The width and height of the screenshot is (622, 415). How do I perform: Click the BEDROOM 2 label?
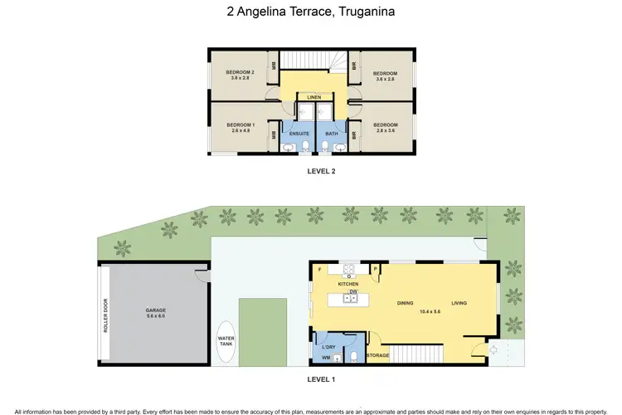(240, 72)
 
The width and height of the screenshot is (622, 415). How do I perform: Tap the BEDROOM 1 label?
(240, 125)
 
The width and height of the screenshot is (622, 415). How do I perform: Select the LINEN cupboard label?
(313, 97)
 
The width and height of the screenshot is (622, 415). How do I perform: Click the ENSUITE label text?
(299, 133)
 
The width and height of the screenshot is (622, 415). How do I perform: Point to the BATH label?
(330, 133)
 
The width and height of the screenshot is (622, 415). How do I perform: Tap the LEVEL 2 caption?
(321, 172)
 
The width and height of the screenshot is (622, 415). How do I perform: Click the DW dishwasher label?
(352, 292)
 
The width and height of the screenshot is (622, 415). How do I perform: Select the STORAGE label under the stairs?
(378, 354)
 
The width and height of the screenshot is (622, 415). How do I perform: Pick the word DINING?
(405, 303)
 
